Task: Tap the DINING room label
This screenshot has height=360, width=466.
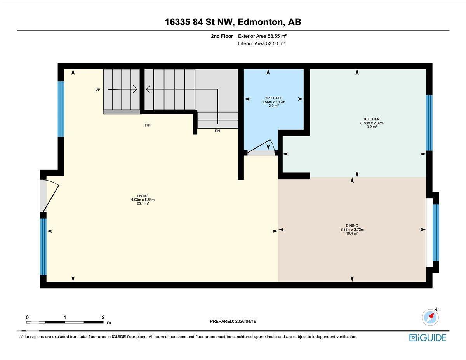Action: [352, 226]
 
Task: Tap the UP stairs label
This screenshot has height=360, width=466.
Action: [98, 90]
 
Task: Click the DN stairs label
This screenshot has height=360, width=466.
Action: [217, 131]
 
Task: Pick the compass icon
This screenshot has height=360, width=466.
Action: [430, 317]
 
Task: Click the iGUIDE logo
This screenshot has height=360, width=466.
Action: [428, 337]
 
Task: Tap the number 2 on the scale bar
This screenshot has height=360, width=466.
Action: [103, 317]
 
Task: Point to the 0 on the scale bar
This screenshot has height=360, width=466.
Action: [27, 317]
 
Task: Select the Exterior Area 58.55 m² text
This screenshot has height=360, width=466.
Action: [263, 36]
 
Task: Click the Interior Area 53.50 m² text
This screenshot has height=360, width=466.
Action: [262, 44]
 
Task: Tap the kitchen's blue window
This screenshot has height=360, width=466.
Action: [429, 122]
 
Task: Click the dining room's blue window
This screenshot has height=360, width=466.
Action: [436, 232]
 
